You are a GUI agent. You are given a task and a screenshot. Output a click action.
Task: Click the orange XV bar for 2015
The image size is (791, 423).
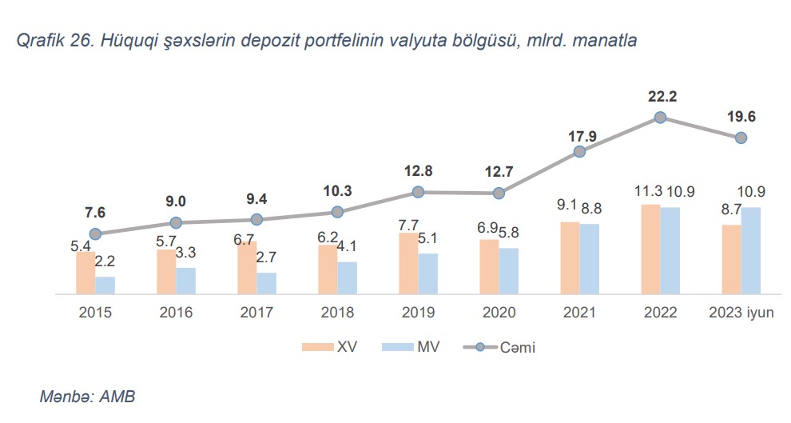point(85,273)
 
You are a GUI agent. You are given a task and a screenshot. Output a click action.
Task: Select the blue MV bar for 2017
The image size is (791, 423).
point(266,284)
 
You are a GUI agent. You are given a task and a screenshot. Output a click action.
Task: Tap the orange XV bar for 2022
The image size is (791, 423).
point(650,249)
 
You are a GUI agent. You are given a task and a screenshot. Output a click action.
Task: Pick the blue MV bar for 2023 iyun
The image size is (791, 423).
point(750,251)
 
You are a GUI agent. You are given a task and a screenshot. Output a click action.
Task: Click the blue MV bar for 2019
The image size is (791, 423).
point(427,274)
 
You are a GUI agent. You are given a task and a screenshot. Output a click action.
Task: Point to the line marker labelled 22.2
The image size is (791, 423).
point(660,118)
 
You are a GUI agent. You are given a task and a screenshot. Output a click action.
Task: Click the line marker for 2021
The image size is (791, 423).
point(579,151)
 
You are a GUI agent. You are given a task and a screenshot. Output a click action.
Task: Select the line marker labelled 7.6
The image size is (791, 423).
point(95,233)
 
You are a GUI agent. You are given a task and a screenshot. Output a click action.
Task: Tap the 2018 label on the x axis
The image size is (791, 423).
point(337,313)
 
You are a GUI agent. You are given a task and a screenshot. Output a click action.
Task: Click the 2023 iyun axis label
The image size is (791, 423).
point(741,313)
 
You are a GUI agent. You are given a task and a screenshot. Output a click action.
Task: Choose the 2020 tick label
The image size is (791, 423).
point(499,313)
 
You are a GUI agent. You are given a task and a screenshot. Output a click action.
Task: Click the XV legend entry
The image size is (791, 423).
point(328,346)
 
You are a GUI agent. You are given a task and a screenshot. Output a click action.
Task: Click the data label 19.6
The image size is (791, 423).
point(741,117)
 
